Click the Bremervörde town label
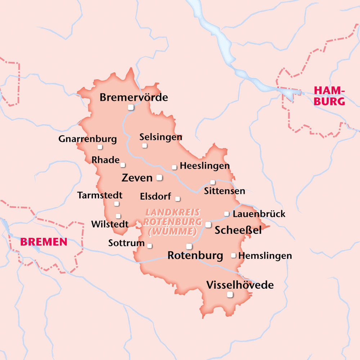pyautogui.click(x=134, y=97)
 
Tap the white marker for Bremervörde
pyautogui.click(x=131, y=107)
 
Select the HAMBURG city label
pyautogui.click(x=329, y=96)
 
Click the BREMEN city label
pyautogui.click(x=44, y=242)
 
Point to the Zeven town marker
pyautogui.click(x=159, y=177)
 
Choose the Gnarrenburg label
pyautogui.click(x=87, y=139)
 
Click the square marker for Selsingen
pyautogui.click(x=144, y=145)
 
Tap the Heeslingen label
pyautogui.click(x=204, y=166)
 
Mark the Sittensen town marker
pyautogui.click(x=212, y=182)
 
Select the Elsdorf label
pyautogui.click(x=155, y=197)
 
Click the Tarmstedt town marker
pyautogui.click(x=116, y=204)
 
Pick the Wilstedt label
pyautogui.click(x=110, y=224)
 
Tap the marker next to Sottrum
pyautogui.click(x=149, y=246)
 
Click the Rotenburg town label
pyautogui.click(x=195, y=256)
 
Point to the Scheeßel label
pyautogui.click(x=238, y=230)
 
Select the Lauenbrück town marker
pyautogui.click(x=226, y=214)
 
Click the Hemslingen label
pyautogui.click(x=265, y=256)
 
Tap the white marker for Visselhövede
pyautogui.click(x=230, y=295)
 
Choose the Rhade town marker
pyautogui.click(x=123, y=165)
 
